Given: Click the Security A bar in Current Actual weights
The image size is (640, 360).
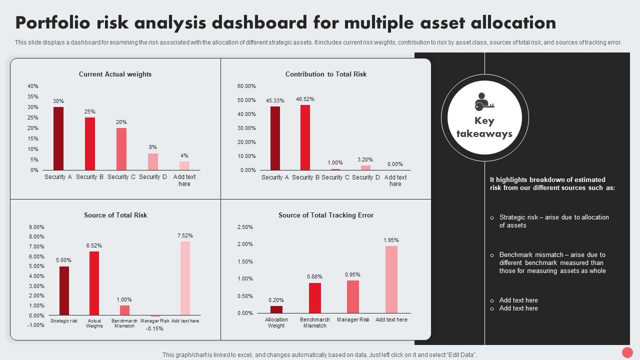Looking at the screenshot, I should tap(58, 138).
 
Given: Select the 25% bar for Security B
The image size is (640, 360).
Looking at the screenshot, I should tap(90, 143).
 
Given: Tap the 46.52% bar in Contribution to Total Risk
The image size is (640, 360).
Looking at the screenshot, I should tap(305, 137).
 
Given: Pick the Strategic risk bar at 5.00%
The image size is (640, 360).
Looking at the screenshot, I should tap(64, 290).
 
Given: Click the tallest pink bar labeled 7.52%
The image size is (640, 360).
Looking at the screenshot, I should tap(185, 278).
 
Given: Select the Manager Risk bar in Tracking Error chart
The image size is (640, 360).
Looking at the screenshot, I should tap(353, 296).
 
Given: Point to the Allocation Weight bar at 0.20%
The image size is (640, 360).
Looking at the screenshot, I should tap(276, 309).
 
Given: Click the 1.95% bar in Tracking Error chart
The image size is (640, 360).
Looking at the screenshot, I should tap(391, 279).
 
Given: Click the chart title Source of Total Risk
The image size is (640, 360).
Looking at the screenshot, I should tap(115, 215).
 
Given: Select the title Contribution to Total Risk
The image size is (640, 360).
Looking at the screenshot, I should tap(326, 74).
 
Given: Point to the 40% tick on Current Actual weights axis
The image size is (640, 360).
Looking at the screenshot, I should tap(33, 86).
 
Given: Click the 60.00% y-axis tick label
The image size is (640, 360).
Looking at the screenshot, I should tap(246, 86).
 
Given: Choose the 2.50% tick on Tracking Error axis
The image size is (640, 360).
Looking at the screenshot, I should tap(245, 227).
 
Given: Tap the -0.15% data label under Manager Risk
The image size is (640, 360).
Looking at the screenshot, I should tap(155, 328).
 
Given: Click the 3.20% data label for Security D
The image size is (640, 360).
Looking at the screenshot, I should tap(365, 159).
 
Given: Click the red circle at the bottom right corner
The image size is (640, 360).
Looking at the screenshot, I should tap(627, 352).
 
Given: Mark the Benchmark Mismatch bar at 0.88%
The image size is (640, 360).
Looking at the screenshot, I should tap(315, 298).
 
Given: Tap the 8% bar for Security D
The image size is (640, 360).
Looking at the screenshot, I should tap(153, 161).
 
